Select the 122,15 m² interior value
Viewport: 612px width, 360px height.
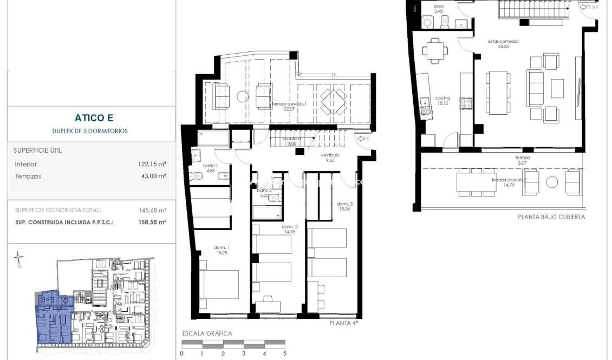click(x=152, y=163)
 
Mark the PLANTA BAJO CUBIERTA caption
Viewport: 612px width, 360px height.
click(x=551, y=217)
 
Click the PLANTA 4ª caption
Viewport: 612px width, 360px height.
click(x=344, y=323)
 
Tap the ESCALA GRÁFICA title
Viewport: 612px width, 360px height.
click(x=207, y=333)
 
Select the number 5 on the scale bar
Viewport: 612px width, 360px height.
click(x=284, y=354)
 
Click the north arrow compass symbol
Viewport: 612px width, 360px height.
click(x=19, y=258)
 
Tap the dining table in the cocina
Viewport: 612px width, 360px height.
click(x=436, y=51)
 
